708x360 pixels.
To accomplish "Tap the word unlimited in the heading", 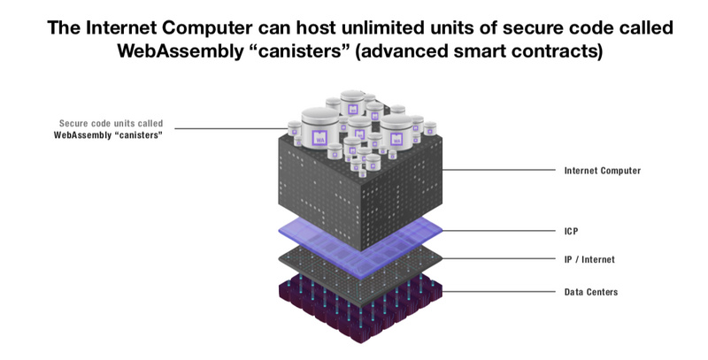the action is point(381,28).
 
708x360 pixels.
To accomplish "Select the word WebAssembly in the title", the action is point(180,51).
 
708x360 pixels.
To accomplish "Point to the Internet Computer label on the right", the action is point(603,171).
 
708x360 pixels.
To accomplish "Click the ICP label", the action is point(571,232).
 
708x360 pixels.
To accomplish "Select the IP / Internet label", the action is point(589,259).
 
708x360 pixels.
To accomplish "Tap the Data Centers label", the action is point(591,292).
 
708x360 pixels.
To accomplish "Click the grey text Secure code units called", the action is point(112,123).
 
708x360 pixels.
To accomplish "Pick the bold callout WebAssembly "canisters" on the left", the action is point(108,134).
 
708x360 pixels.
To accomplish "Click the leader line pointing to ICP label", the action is point(498,231).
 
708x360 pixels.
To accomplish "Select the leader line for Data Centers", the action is point(498,291).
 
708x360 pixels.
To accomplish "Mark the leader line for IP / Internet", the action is point(498,258).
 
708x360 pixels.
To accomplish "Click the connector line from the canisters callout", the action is point(231,128).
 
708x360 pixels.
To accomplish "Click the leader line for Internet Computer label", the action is point(498,170).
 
